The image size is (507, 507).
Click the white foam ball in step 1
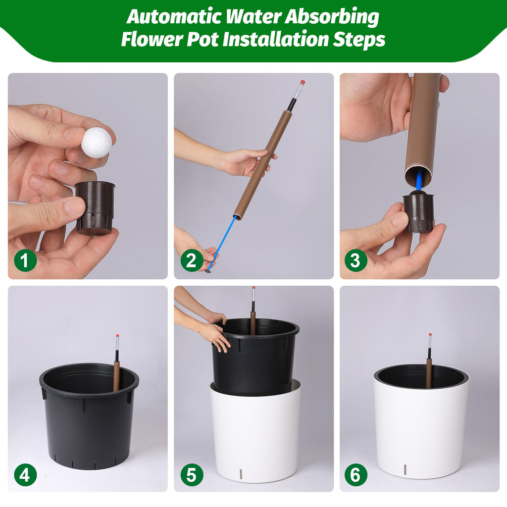click(x=97, y=143)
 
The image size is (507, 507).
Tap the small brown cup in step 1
click(x=95, y=208)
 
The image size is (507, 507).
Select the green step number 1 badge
click(x=25, y=260)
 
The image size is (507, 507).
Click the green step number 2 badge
click(x=192, y=260)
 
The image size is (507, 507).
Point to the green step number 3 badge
click(x=355, y=260)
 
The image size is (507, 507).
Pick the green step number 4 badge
click(x=25, y=475)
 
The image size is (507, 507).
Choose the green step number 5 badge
click(x=192, y=475)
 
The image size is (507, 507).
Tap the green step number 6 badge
click(x=355, y=475)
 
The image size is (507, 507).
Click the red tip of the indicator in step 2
click(x=303, y=82)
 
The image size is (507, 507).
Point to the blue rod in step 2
click(x=222, y=243)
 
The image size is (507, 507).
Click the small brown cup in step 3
click(x=419, y=212)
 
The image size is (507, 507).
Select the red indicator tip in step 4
click(x=118, y=336)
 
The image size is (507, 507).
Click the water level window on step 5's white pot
click(x=241, y=474)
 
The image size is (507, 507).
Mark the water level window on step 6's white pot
click(x=405, y=470)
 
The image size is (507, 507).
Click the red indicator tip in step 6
click(x=430, y=335)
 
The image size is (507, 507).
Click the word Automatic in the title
click(x=174, y=16)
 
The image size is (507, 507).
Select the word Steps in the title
click(x=359, y=40)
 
